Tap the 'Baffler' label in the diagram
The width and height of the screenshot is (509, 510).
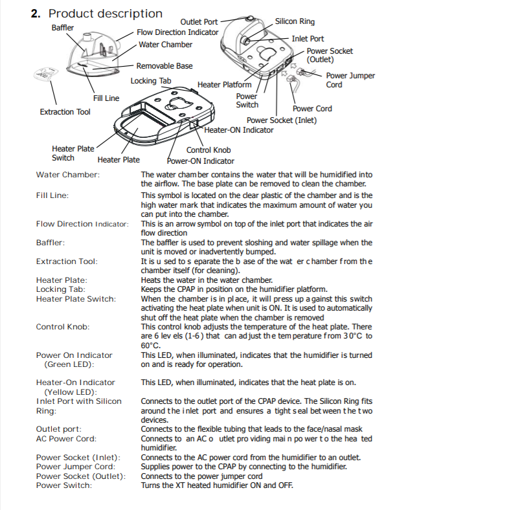click(63, 28)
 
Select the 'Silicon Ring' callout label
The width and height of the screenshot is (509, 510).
click(295, 21)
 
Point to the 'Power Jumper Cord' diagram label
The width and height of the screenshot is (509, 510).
click(350, 80)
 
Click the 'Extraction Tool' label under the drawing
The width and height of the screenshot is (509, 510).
click(65, 112)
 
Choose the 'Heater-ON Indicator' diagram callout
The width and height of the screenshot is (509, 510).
click(239, 129)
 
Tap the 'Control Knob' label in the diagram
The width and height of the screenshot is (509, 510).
click(209, 150)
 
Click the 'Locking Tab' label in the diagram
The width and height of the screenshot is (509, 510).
click(151, 81)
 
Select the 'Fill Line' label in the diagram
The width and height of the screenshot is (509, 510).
click(106, 98)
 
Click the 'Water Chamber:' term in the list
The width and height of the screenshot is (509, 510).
click(68, 175)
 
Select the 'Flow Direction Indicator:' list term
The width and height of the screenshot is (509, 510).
click(82, 224)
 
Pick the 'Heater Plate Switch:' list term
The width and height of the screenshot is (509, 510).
click(76, 299)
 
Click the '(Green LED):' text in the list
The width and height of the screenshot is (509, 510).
click(68, 364)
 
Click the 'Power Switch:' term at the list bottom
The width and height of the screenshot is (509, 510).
click(64, 485)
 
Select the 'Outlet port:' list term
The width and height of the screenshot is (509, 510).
click(59, 429)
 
